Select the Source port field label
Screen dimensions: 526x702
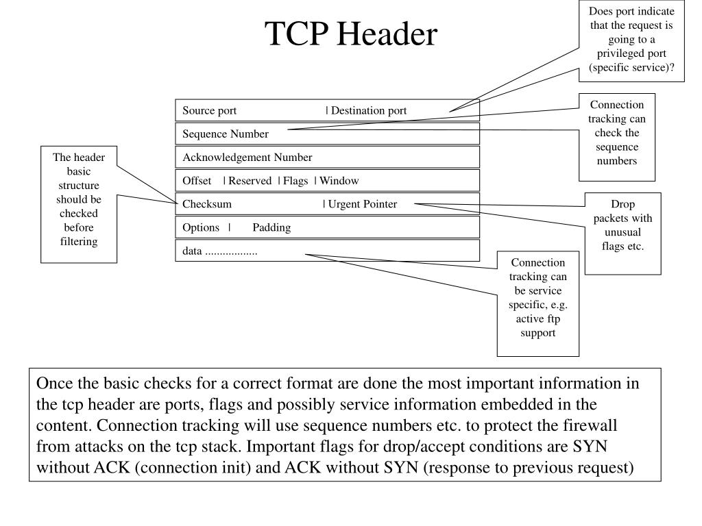pos(209,110)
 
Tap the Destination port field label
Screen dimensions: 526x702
pos(369,110)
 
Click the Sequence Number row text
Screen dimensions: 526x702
pos(226,134)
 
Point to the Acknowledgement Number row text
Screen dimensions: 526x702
pos(247,157)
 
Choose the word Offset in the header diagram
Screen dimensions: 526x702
pos(197,180)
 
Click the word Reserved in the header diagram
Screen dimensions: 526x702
pos(250,180)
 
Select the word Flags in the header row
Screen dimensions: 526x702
pos(295,180)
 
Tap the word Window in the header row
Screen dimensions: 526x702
pos(339,180)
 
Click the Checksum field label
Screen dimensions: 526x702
pos(207,203)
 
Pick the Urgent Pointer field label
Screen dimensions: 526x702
pos(362,203)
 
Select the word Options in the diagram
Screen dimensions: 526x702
pos(201,227)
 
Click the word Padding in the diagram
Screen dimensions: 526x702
pos(271,227)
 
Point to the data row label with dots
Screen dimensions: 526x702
pos(219,251)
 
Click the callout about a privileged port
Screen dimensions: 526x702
pos(631,39)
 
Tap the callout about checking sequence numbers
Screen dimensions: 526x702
pos(616,133)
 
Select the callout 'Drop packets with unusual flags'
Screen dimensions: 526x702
pos(622,225)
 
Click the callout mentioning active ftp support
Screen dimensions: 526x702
pos(538,298)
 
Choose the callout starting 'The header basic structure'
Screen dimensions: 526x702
pos(79,199)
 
